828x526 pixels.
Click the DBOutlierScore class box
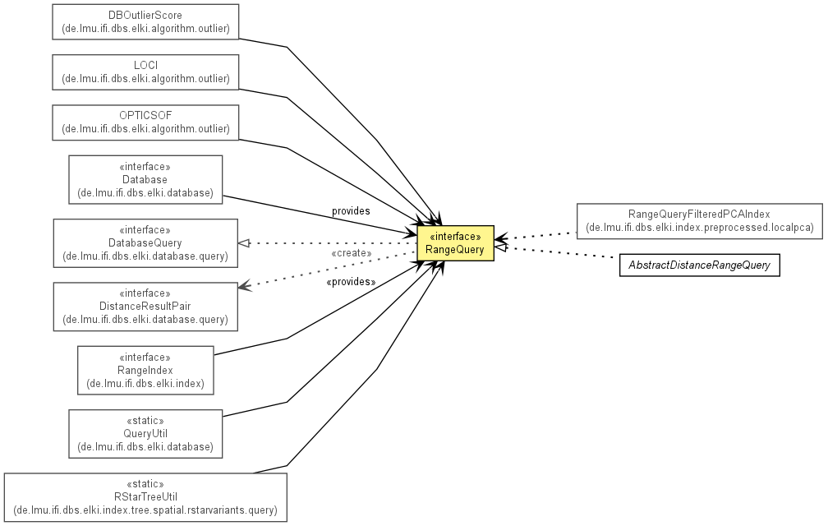coord(145,21)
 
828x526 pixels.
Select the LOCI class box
coord(145,72)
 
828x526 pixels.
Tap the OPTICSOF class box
coord(145,122)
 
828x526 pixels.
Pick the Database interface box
coord(145,179)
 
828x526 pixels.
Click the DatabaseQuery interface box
coord(145,243)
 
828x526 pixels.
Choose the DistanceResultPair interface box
coord(145,307)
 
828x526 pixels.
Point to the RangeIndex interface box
coord(145,370)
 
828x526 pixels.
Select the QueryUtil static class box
coord(145,434)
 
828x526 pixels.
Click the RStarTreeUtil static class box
coord(145,497)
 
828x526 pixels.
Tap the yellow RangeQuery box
coord(455,243)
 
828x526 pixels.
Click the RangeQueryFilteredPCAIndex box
coord(699,221)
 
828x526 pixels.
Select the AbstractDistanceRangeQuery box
coord(699,265)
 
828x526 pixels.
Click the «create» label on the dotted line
coord(352,253)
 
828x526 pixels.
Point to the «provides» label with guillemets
coord(352,282)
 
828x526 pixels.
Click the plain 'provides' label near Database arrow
coord(351,211)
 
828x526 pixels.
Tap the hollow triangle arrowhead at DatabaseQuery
coord(243,243)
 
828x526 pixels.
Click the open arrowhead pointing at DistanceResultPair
coord(243,286)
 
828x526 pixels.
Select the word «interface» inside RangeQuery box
coord(455,237)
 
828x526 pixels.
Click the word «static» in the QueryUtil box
coord(145,421)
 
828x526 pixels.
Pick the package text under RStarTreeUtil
coord(145,510)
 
